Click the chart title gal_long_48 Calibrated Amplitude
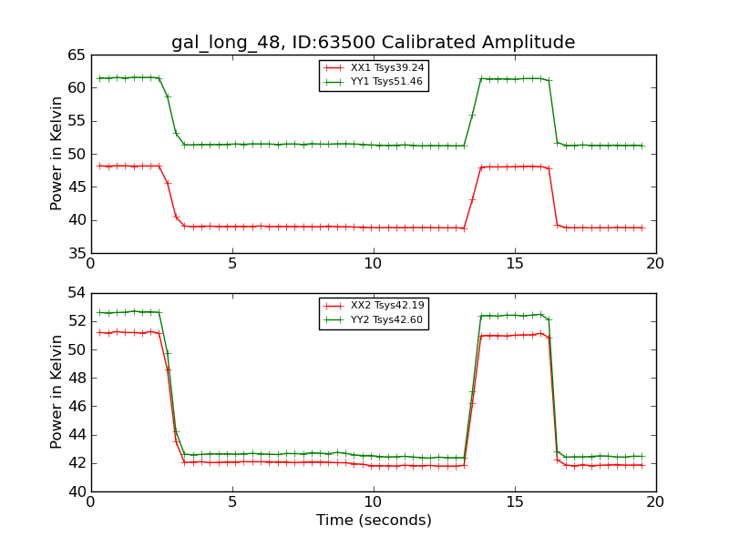tap(374, 43)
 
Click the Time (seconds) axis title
tap(374, 521)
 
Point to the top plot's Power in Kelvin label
tap(57, 154)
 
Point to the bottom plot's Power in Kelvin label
tap(57, 392)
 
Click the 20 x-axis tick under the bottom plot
tap(655, 501)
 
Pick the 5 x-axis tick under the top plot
tap(232, 263)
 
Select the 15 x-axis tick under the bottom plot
tap(514, 501)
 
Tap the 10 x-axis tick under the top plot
tap(374, 263)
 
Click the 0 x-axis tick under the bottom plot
tap(91, 501)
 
